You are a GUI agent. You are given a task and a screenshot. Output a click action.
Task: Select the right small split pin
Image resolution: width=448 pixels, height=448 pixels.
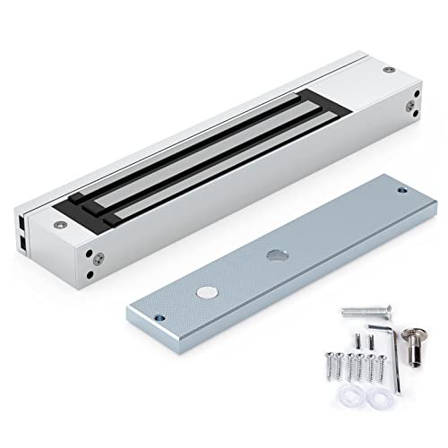coord(366,340)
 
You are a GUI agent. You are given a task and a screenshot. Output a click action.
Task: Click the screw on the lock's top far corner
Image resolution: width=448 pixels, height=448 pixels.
coord(387,70)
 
